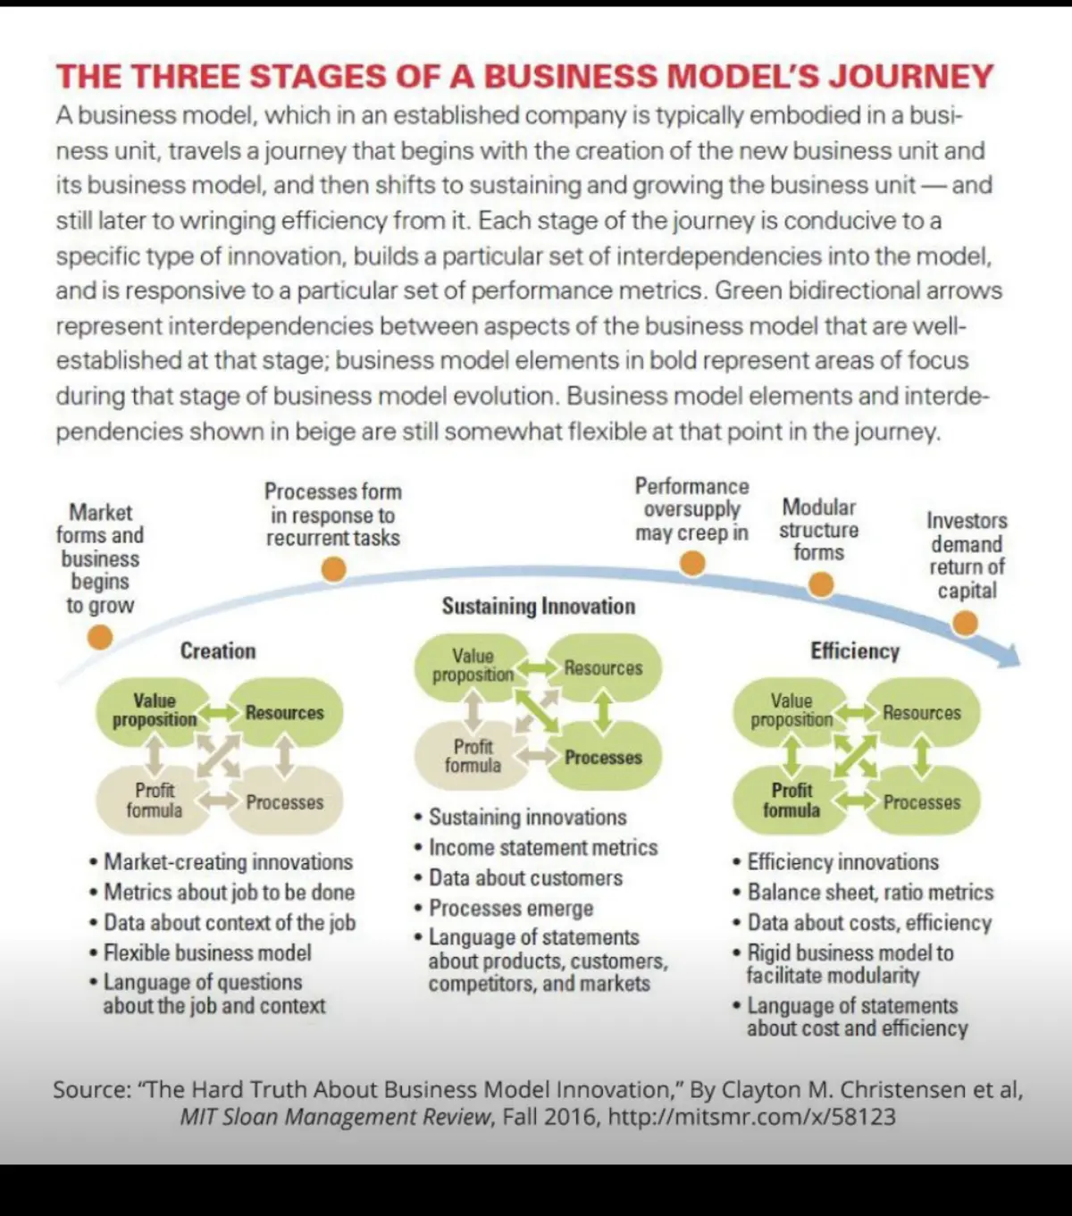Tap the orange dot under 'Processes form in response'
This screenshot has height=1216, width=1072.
pos(334,569)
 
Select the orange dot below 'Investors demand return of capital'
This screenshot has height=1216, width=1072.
pos(965,623)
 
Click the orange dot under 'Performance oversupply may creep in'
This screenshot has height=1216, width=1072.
pos(692,564)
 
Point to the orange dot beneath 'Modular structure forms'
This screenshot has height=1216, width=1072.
pos(821,584)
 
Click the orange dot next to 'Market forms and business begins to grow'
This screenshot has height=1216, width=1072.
pos(100,637)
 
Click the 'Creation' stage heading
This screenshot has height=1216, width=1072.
pos(218,651)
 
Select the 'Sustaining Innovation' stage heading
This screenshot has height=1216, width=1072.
pos(539,606)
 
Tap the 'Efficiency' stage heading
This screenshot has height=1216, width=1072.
pos(855,651)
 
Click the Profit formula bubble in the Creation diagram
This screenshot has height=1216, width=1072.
pos(154,801)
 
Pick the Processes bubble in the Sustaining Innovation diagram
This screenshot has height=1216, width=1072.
pos(604,757)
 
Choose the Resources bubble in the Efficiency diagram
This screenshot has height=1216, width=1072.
pos(922,712)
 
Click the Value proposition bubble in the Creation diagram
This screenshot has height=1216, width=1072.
pos(154,711)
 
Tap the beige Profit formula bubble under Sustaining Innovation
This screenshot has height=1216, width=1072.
pos(473,756)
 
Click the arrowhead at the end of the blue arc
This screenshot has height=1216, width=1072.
pos(1018,661)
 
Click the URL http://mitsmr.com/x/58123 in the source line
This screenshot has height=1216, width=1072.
pos(751,1117)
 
